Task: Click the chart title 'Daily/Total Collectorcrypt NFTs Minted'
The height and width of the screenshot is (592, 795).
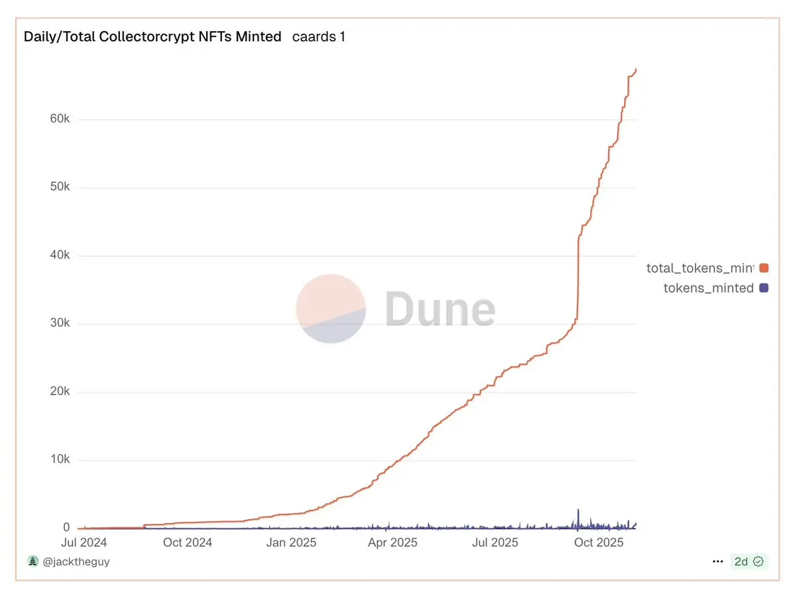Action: pos(153,37)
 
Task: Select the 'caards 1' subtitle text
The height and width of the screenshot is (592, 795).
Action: pos(319,37)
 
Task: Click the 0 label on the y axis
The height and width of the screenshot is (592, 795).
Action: pos(66,528)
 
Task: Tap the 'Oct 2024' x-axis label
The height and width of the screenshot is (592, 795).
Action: pos(188,543)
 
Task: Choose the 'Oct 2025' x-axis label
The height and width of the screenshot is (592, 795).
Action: pos(598,543)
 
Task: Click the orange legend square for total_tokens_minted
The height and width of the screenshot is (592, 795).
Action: pos(764,268)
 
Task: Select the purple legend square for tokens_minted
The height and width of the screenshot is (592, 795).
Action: pos(764,288)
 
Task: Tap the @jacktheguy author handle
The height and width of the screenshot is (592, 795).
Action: pos(76,562)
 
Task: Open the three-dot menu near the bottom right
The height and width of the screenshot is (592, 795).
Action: pos(717,562)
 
